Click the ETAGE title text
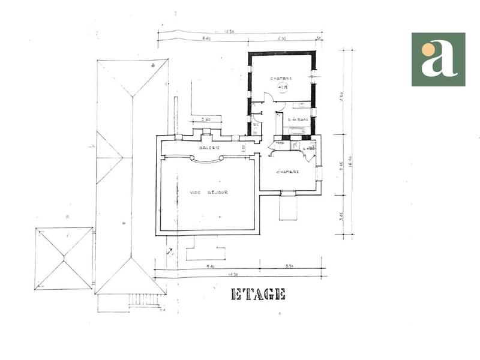tap(258, 294)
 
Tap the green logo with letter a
tap(438, 59)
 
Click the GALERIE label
tap(209, 148)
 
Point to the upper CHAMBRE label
tap(281, 79)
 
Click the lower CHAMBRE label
tap(288, 172)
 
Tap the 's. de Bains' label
tap(298, 119)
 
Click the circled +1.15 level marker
tap(283, 87)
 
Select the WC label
tap(256, 125)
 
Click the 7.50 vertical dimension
tap(341, 96)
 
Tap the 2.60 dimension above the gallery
tap(206, 119)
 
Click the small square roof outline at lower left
tap(64, 258)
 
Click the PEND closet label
tap(279, 143)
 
